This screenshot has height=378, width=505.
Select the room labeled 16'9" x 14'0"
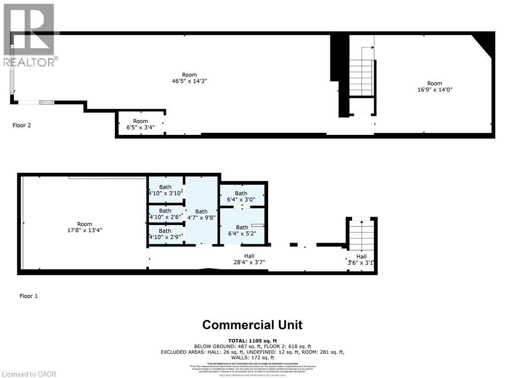434,87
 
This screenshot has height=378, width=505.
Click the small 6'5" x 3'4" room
140,124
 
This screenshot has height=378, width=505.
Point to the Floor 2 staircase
361,77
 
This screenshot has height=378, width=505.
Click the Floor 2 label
22,125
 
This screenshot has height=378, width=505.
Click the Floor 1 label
28,296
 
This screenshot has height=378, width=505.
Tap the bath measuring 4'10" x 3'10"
165,190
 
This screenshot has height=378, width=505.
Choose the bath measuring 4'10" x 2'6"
165,214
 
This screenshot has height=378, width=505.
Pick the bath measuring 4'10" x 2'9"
165,233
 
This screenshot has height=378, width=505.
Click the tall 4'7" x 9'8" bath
201,215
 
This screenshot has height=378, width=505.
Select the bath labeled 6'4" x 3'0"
241,196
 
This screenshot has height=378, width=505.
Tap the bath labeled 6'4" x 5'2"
242,230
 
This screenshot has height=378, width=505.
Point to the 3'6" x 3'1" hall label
361,259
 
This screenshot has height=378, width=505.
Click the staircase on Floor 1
361,234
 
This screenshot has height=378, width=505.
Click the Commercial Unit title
252,325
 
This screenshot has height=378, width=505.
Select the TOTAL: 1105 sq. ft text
252,341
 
